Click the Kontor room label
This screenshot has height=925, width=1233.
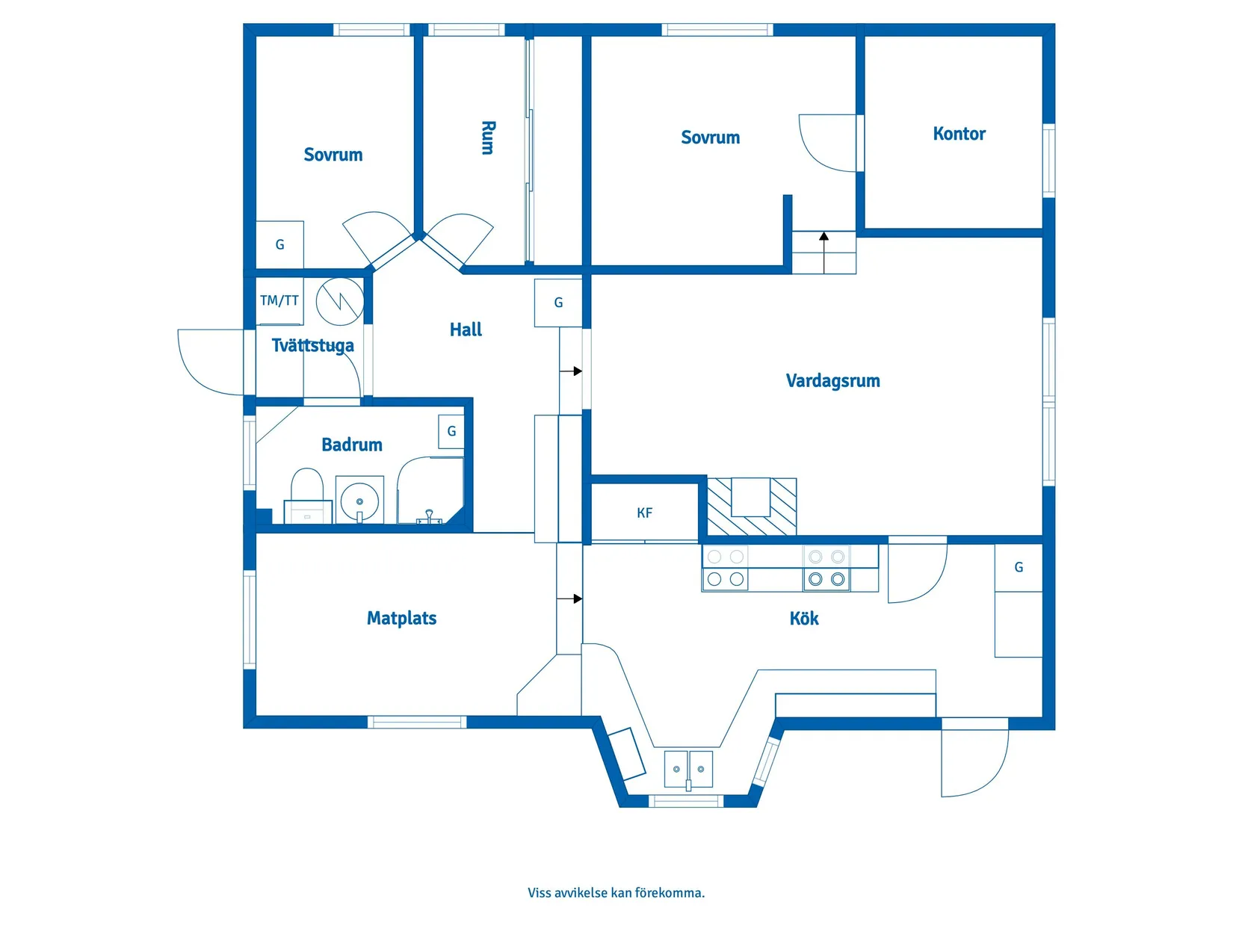(959, 134)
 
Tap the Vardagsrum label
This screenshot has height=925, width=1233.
(832, 380)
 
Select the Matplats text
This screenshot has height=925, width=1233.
(401, 618)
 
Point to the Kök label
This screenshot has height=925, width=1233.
(804, 619)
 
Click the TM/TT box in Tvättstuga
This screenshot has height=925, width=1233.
(279, 300)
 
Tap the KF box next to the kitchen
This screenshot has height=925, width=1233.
(644, 513)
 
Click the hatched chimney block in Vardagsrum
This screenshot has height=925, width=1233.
(751, 507)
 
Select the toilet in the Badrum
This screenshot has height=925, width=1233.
(307, 495)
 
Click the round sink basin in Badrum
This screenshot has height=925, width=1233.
(359, 500)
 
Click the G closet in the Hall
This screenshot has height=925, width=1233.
(558, 303)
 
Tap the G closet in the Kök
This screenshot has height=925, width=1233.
(1019, 567)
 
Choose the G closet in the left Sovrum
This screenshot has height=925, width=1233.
(279, 244)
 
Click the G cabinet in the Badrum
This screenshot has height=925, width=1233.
(451, 431)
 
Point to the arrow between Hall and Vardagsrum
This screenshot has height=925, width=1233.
(572, 371)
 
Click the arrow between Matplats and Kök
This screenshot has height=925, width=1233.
(571, 598)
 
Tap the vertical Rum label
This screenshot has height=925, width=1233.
(487, 137)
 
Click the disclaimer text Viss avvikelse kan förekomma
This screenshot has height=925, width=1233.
(616, 892)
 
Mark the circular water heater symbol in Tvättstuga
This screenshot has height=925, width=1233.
(340, 301)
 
